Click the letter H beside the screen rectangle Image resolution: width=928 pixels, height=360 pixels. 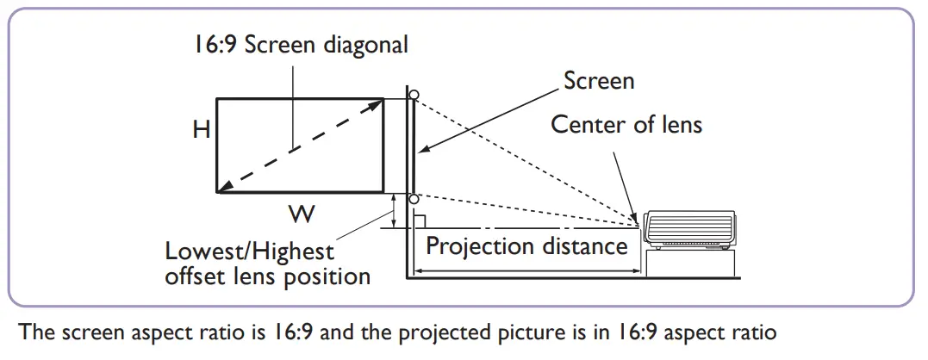[x=202, y=129]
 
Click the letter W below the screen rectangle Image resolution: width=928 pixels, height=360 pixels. [x=296, y=211]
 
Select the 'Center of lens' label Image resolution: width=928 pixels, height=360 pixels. [x=626, y=124]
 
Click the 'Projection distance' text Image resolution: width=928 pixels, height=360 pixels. [x=526, y=246]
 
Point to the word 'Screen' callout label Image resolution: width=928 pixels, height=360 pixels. [x=599, y=81]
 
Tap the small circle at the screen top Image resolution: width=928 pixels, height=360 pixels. [x=414, y=94]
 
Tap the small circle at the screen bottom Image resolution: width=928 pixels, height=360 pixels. [x=414, y=200]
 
